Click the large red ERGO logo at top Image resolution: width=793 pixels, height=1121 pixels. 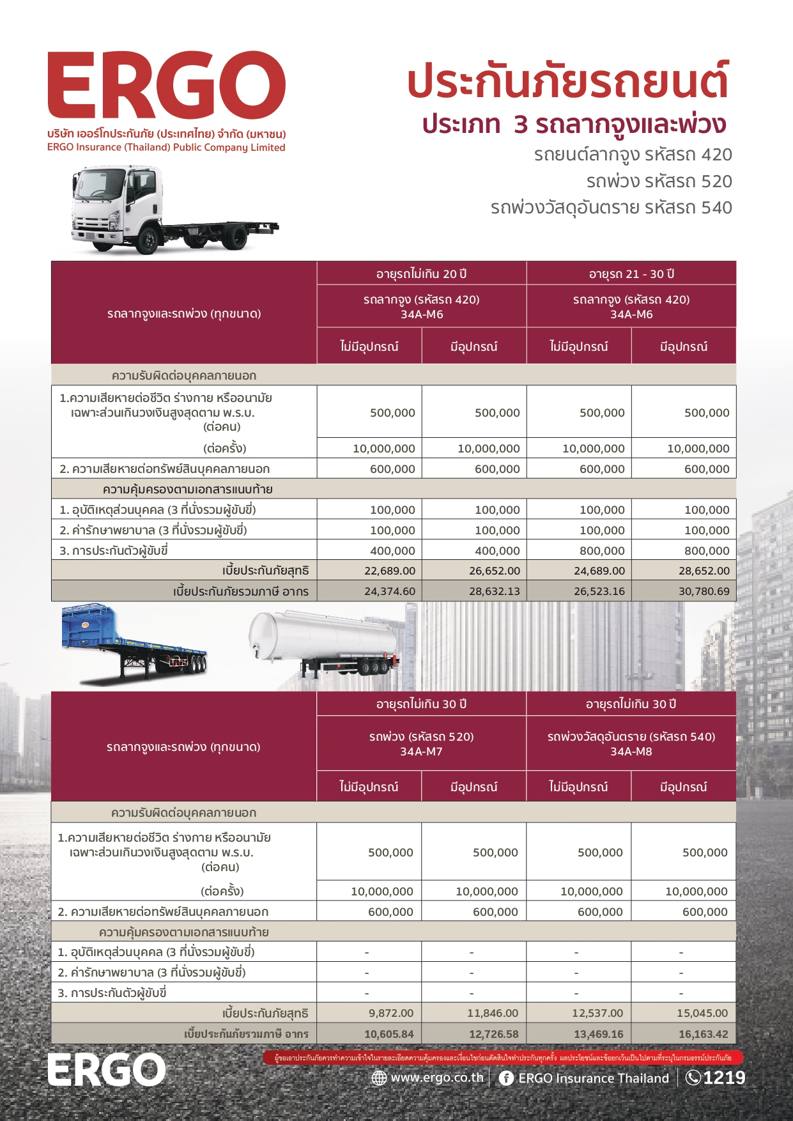[166, 86]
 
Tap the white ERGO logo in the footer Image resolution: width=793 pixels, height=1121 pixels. [107, 1070]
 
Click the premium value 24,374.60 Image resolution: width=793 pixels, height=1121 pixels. [390, 591]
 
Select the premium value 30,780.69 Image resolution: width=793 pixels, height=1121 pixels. [704, 591]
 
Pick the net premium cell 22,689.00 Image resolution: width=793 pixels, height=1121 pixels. [390, 571]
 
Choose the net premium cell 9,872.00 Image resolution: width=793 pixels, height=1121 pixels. [391, 1013]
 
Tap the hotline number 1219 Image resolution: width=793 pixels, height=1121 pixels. [724, 1078]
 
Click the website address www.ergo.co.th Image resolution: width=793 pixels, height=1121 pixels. [437, 1078]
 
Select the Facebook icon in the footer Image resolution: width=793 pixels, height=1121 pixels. [506, 1078]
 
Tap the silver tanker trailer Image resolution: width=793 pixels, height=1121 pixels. [326, 639]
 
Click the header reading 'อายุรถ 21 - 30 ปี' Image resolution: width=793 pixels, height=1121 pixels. [631, 274]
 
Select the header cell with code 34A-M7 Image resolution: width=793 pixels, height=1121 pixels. [421, 744]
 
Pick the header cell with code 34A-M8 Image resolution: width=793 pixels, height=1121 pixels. [631, 744]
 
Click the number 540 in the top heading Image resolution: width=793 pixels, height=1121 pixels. [716, 208]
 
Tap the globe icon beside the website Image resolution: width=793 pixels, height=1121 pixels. [379, 1078]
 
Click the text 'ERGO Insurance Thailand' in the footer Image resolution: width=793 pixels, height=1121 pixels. [594, 1078]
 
